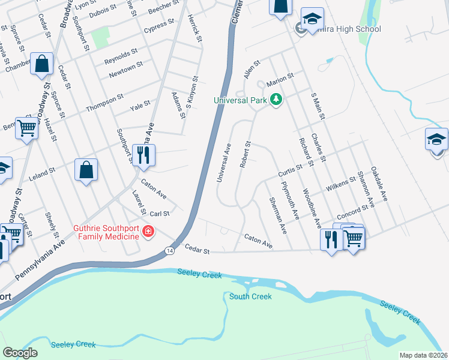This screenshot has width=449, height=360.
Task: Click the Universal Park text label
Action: pos(240,100)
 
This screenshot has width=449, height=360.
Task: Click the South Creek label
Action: pos(250,296)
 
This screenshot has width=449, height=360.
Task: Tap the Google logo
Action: pos(20,352)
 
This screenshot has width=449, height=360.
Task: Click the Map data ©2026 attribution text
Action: pos(423,355)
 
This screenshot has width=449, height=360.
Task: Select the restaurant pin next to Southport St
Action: pos(143,155)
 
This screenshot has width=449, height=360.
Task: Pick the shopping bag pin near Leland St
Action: pos(86,169)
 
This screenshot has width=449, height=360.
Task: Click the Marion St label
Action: pos(280,77)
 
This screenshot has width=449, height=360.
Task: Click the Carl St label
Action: pos(160,213)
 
